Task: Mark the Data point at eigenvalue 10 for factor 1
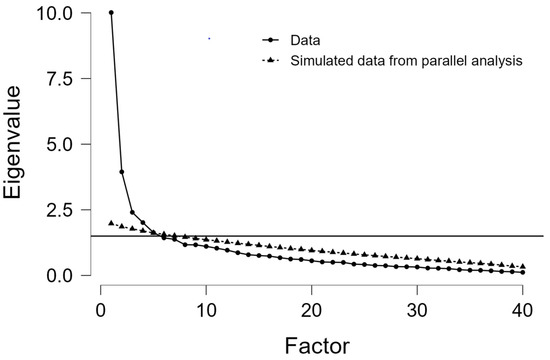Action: [111, 13]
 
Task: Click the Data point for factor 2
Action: [122, 172]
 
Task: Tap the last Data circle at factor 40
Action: [523, 272]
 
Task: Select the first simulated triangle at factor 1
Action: [111, 223]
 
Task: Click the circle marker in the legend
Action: [270, 40]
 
